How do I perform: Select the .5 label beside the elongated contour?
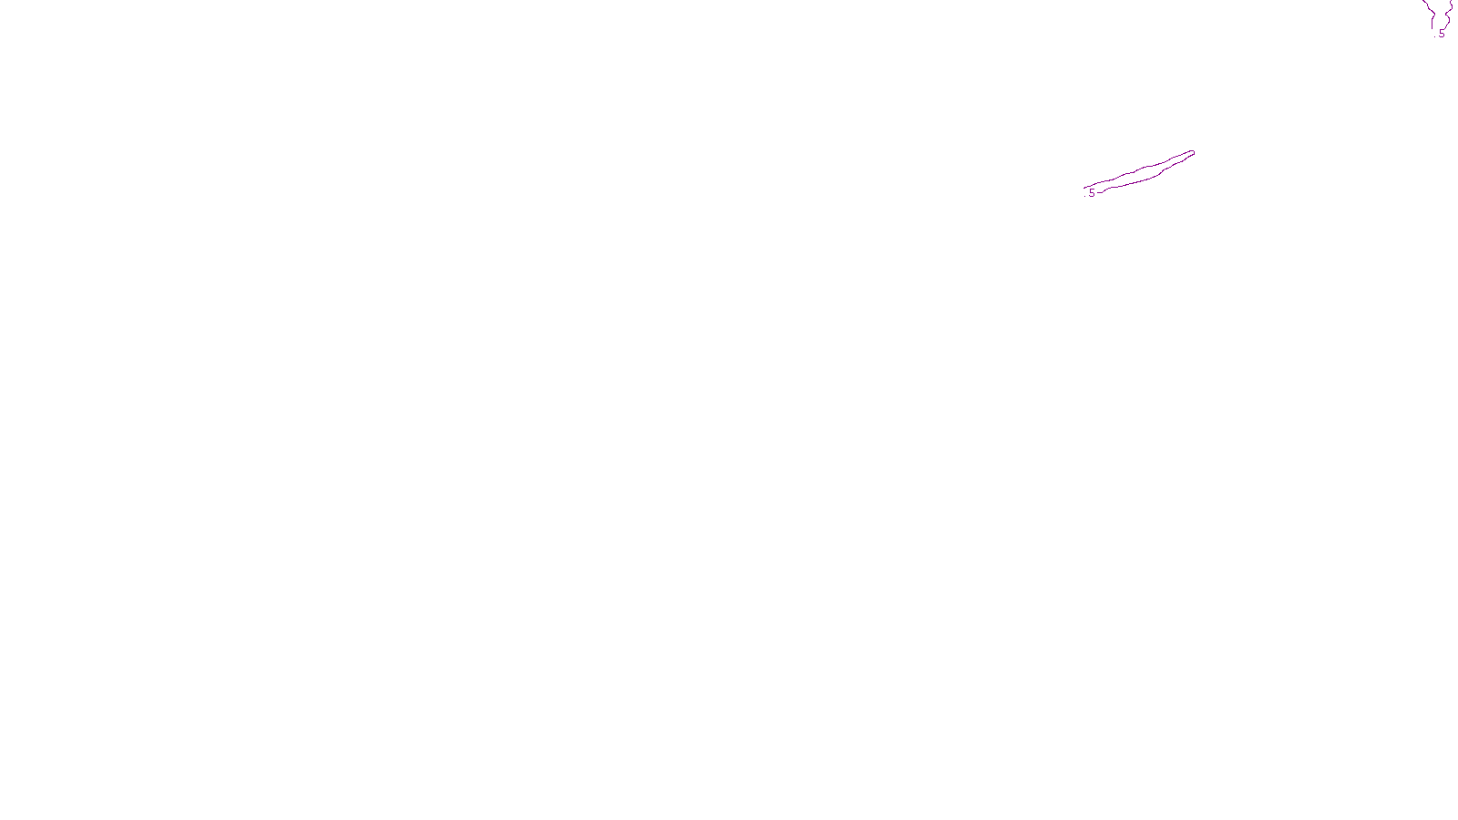1091,193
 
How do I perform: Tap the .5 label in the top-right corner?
1441,34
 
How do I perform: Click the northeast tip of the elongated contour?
1192,152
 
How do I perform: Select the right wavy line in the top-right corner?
1449,13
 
